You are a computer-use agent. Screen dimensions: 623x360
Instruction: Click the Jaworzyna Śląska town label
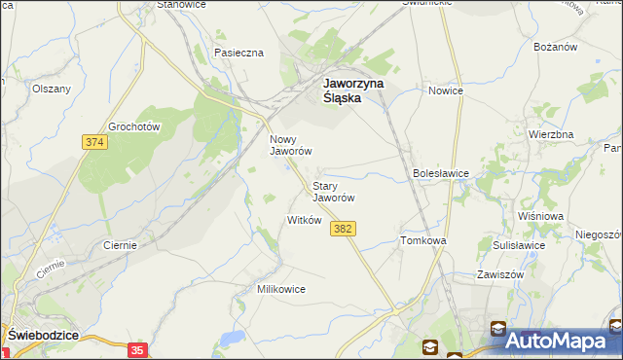point(354,90)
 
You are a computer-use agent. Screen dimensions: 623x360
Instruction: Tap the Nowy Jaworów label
point(290,145)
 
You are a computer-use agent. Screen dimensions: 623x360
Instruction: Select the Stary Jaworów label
point(332,191)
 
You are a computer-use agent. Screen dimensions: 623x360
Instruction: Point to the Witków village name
point(304,220)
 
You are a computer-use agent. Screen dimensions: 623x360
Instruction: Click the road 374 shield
point(93,142)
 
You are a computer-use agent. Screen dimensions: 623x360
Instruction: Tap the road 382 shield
point(342,229)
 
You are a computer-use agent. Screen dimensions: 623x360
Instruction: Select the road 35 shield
point(137,349)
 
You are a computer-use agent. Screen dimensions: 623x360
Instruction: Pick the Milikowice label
point(281,289)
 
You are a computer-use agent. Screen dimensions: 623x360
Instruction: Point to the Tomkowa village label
point(422,240)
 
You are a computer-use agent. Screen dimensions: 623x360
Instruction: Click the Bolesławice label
point(441,173)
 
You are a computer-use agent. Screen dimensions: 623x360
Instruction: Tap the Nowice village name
point(446,90)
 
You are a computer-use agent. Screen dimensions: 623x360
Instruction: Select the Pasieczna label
point(239,53)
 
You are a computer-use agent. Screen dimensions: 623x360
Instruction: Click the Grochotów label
point(134,126)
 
